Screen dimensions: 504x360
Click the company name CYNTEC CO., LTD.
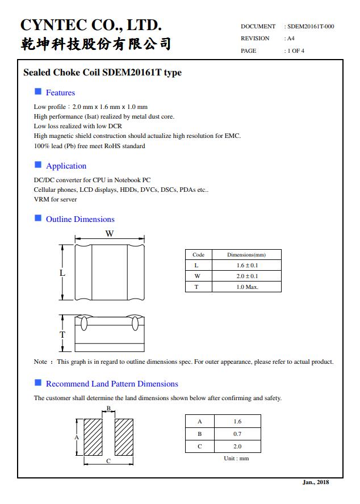click(x=91, y=25)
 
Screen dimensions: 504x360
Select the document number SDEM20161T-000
click(x=311, y=26)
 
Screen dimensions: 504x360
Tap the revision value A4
click(x=290, y=39)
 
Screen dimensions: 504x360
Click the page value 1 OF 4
click(x=296, y=51)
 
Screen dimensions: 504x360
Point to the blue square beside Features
click(x=38, y=92)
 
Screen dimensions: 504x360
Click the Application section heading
click(x=66, y=166)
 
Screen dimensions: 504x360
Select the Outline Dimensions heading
click(x=80, y=219)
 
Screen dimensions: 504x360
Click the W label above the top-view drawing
click(x=110, y=234)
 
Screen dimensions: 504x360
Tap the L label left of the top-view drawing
click(x=62, y=273)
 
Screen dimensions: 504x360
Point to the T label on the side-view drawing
click(x=62, y=334)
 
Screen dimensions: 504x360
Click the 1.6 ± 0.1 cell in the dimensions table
click(x=246, y=266)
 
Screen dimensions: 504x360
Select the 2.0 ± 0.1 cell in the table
click(x=246, y=276)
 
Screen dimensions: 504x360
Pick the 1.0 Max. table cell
click(x=246, y=287)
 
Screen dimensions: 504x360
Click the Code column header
click(x=198, y=255)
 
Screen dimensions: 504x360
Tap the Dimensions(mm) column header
click(x=246, y=255)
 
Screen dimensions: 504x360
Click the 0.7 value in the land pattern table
click(x=237, y=434)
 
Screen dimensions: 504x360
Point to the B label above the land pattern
click(x=108, y=409)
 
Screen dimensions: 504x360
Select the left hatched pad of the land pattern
click(x=93, y=437)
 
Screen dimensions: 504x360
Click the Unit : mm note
click(x=236, y=458)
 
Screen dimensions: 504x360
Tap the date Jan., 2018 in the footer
click(x=315, y=482)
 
